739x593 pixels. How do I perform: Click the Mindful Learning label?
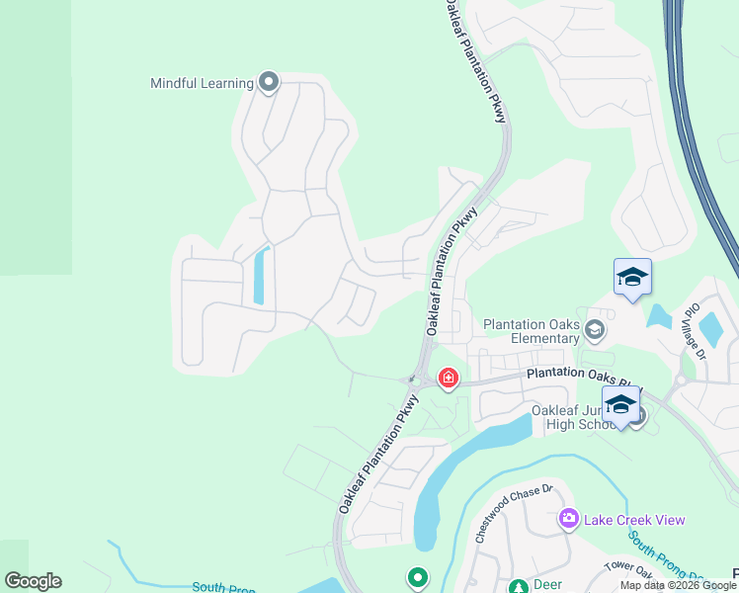(202, 84)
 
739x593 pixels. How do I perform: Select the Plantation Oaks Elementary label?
(530, 330)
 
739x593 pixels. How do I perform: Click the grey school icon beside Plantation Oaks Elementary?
(595, 328)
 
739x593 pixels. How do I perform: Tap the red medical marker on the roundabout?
(448, 378)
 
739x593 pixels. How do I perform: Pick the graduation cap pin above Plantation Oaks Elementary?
(632, 277)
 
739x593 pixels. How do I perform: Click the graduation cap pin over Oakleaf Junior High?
(620, 404)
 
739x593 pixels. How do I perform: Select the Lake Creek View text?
(634, 520)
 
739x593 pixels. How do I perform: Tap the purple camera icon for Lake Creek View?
(568, 518)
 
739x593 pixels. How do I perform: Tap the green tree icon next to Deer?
(517, 587)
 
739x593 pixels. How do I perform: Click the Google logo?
(33, 581)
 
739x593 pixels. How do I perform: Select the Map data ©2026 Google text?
(678, 585)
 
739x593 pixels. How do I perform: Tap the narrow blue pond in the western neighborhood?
(259, 275)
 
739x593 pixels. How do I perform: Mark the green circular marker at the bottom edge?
(418, 577)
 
